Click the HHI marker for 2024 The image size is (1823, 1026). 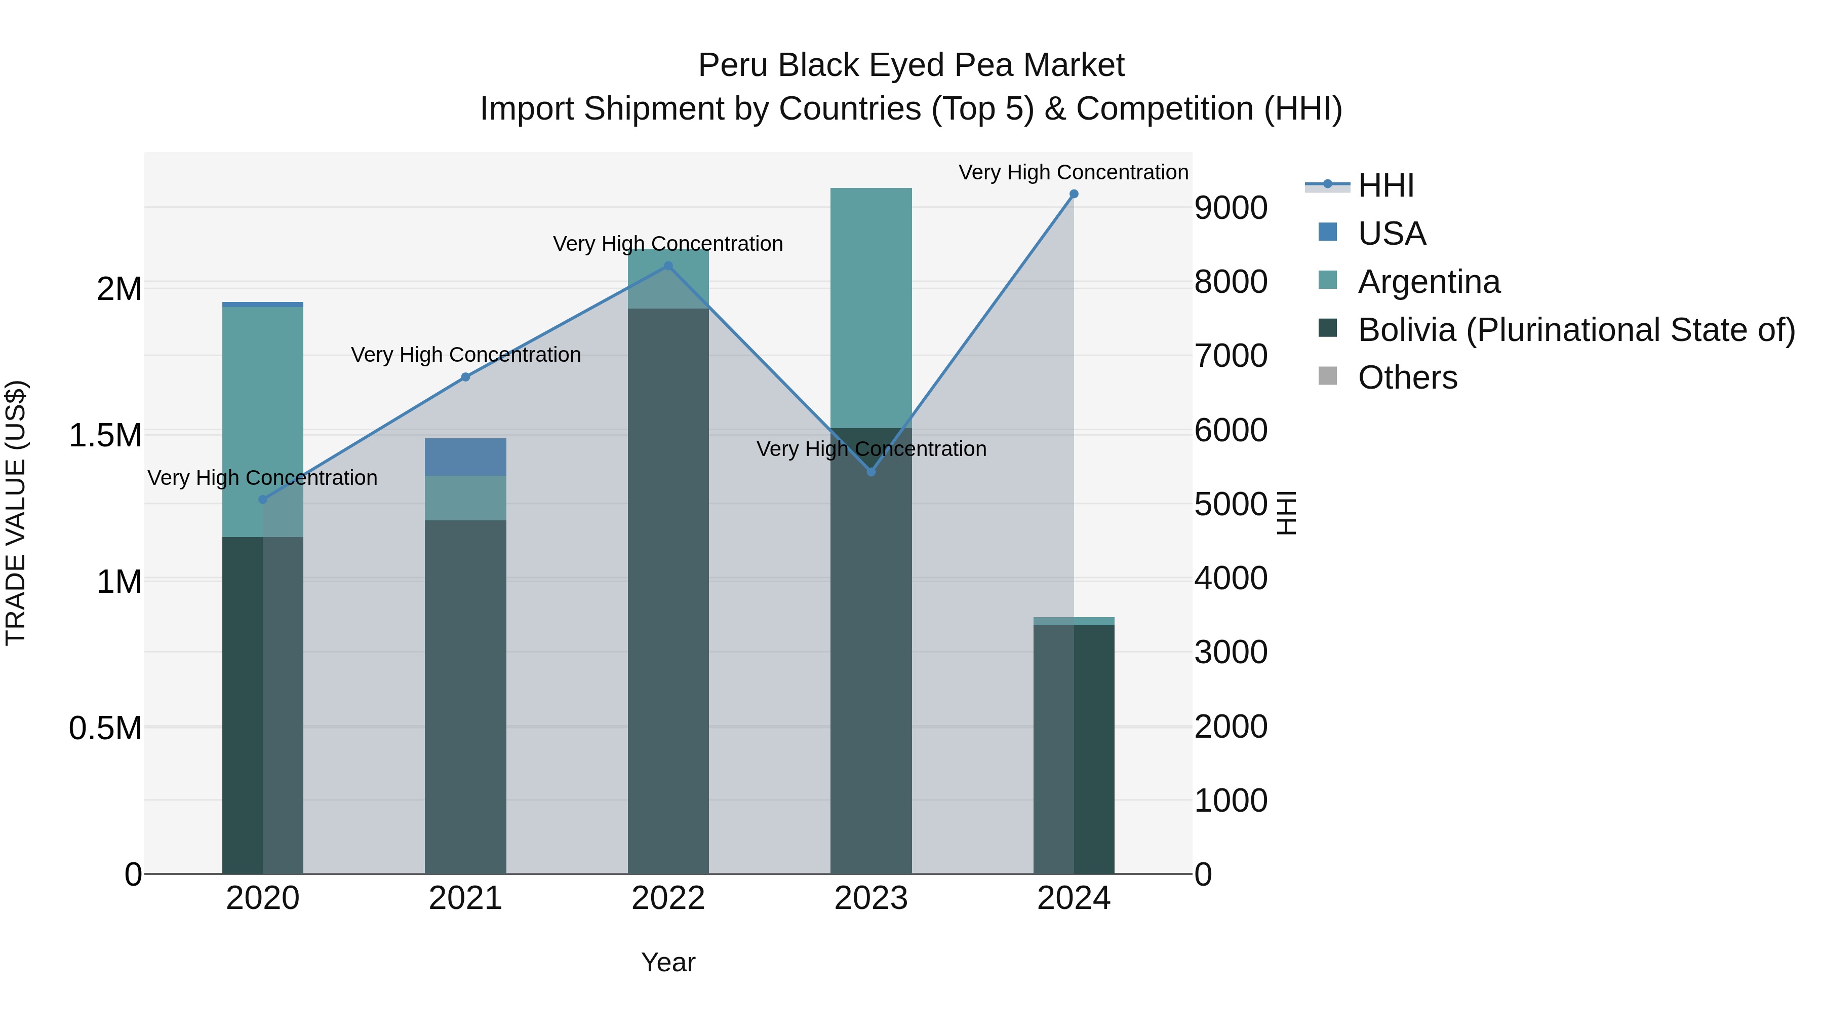1074,194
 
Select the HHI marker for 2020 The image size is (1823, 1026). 262,499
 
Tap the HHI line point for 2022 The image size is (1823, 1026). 668,266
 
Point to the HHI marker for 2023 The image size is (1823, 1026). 871,472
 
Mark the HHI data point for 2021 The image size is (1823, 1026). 466,377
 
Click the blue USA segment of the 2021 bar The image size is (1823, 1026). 466,457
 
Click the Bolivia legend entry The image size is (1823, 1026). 1576,330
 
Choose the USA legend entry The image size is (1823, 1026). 1392,234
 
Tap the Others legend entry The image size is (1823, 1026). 1407,377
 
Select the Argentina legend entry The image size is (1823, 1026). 1428,282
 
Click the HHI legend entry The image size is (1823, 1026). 1385,185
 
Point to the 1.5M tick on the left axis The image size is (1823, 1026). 105,435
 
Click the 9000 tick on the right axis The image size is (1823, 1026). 1231,208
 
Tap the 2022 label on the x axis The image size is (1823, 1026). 668,898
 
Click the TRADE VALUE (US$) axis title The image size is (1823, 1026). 16,513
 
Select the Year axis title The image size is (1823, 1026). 668,962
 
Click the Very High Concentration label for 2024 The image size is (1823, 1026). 1073,172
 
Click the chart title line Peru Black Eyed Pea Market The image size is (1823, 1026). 911,65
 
